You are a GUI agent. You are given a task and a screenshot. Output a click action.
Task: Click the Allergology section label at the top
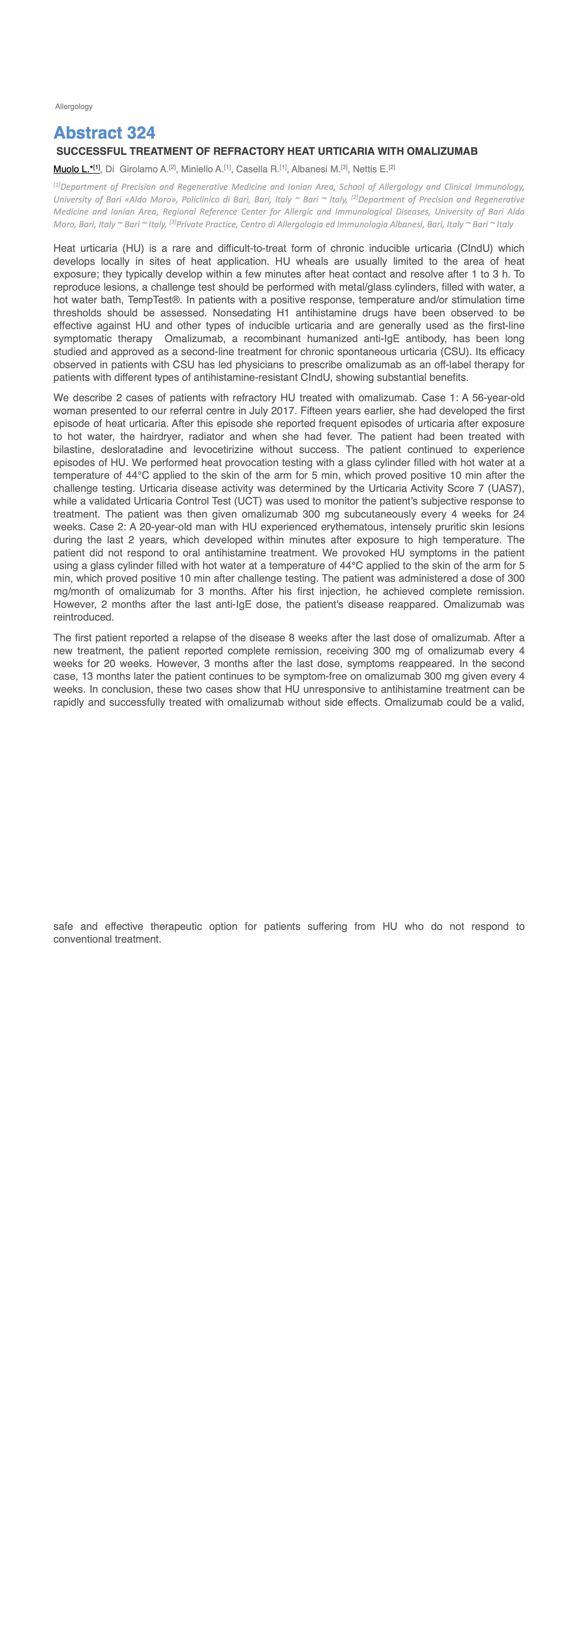pyautogui.click(x=74, y=107)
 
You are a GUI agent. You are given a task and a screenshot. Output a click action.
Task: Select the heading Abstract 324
pyautogui.click(x=104, y=133)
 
